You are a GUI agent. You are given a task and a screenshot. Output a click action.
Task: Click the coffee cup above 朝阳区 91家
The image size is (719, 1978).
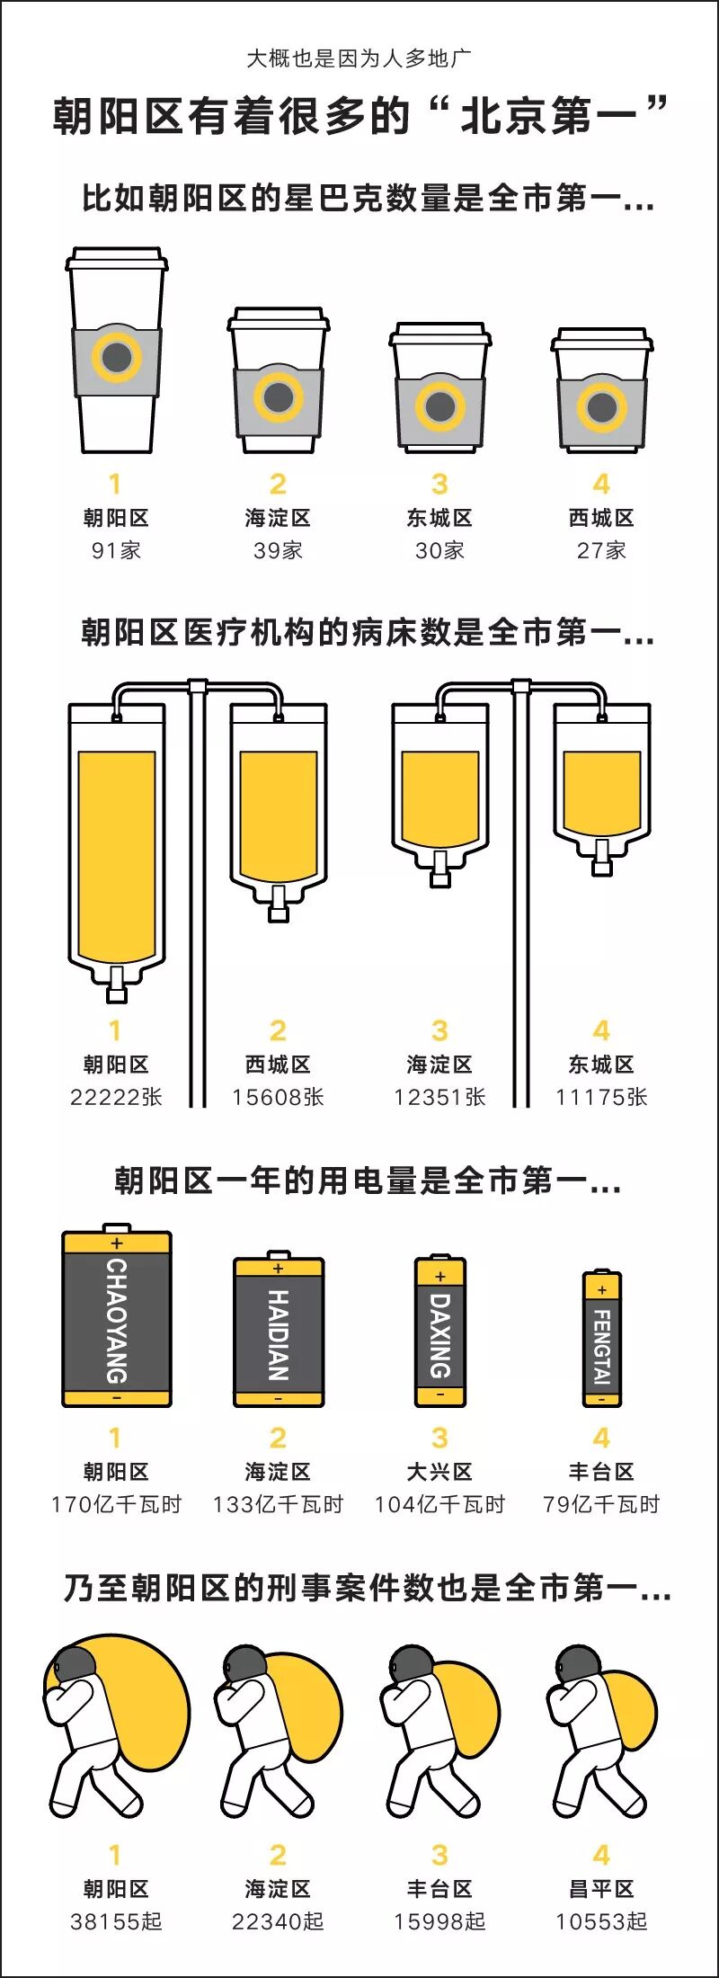coord(116,351)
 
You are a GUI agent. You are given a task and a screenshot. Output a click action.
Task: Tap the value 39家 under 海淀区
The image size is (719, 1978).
coord(278,550)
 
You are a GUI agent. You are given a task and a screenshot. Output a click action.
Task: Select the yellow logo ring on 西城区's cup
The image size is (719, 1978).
coord(601,406)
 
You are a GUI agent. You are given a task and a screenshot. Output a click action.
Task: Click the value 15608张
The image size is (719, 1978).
coord(278,1097)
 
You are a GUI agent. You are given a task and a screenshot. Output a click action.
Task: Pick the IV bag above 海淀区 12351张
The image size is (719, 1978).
coord(439,791)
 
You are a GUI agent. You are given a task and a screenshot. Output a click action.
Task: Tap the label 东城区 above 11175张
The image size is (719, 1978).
coord(601,1065)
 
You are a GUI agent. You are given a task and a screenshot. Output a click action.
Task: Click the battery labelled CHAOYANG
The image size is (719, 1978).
coord(117,1319)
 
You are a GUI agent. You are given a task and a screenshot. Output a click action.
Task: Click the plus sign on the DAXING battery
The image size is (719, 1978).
coord(440,1277)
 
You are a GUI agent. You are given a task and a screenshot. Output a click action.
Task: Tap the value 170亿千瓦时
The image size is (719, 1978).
coord(116,1504)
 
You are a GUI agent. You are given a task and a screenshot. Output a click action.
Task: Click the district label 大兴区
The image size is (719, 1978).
coord(439,1472)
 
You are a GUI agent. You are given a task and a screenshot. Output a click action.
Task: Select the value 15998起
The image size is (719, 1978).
coord(439,1921)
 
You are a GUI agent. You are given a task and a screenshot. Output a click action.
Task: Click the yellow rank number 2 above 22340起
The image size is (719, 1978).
coord(278,1855)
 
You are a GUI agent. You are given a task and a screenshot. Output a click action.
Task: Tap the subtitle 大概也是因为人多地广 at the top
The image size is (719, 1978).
coord(359,59)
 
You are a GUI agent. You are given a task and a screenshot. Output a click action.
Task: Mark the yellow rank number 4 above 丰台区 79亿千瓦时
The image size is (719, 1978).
coord(601,1439)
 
